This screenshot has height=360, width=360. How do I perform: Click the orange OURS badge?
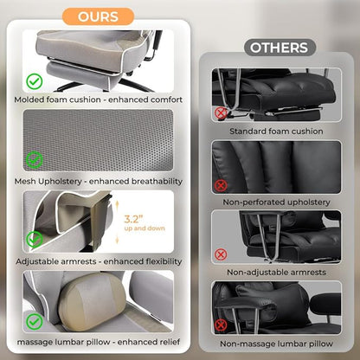pyautogui.click(x=98, y=16)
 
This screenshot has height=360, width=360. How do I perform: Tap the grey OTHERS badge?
pyautogui.click(x=280, y=48)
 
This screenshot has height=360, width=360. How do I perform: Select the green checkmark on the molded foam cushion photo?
pyautogui.click(x=35, y=81)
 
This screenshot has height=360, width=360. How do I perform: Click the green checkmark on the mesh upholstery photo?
pyautogui.click(x=35, y=159)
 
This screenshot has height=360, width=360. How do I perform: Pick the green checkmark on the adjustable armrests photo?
pyautogui.click(x=35, y=240)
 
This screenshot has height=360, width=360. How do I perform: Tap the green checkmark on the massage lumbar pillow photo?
pyautogui.click(x=35, y=321)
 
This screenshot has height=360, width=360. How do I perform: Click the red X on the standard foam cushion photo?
pyautogui.click(x=221, y=113)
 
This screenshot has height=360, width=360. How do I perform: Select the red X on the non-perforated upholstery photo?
pyautogui.click(x=221, y=186)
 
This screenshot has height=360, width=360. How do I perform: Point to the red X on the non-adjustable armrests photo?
pyautogui.click(x=221, y=254)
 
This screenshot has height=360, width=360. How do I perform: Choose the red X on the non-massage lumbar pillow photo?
pyautogui.click(x=221, y=325)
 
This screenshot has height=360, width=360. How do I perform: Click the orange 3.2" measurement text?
pyautogui.click(x=133, y=219)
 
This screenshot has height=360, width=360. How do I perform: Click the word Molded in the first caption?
pyautogui.click(x=29, y=100)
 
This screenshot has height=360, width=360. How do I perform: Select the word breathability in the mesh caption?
pyautogui.click(x=157, y=182)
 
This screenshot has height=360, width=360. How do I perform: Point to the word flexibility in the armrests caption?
pyautogui.click(x=164, y=261)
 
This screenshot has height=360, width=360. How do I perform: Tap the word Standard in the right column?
pyautogui.click(x=247, y=132)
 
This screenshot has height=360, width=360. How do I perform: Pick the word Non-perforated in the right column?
pyautogui.click(x=254, y=202)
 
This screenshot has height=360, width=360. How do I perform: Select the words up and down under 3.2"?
pyautogui.click(x=145, y=228)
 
